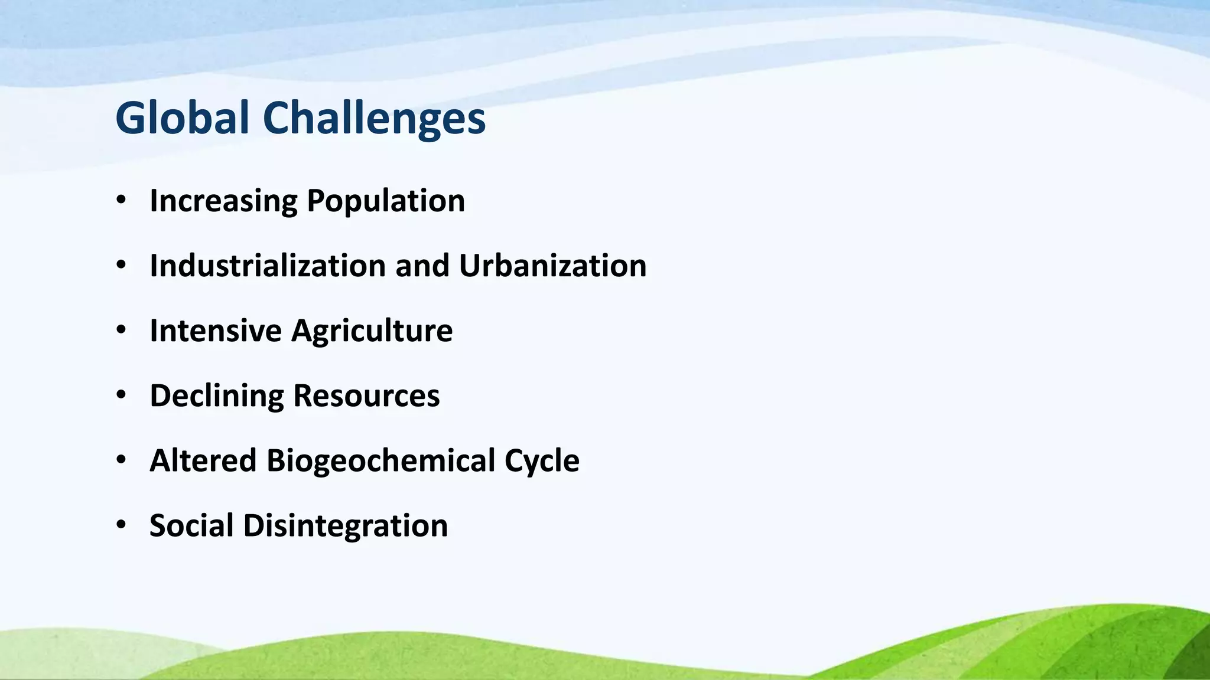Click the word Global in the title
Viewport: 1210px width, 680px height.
pyautogui.click(x=182, y=118)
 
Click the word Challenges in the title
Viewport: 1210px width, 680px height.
pyautogui.click(x=373, y=118)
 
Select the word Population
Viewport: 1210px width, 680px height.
pyautogui.click(x=386, y=201)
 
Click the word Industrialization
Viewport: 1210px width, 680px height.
pyautogui.click(x=268, y=266)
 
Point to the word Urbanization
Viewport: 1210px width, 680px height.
pyautogui.click(x=552, y=266)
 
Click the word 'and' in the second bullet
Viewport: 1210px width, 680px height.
pyautogui.click(x=422, y=266)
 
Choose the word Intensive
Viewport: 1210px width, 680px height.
pyautogui.click(x=216, y=331)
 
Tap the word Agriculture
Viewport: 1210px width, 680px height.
pyautogui.click(x=372, y=331)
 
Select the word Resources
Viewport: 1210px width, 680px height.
pyautogui.click(x=366, y=395)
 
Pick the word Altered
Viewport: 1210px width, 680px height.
pyautogui.click(x=203, y=460)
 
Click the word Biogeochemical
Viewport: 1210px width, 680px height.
pyautogui.click(x=380, y=460)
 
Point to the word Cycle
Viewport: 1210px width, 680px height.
pyautogui.click(x=542, y=460)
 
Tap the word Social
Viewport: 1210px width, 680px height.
pyautogui.click(x=191, y=525)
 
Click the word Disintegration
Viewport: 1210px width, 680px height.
pyautogui.click(x=345, y=525)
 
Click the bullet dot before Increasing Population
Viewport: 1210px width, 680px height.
pyautogui.click(x=121, y=200)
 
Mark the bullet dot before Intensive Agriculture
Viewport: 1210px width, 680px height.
pyautogui.click(x=121, y=330)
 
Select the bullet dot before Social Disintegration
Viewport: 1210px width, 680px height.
pyautogui.click(x=121, y=525)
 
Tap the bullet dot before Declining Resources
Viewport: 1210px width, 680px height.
pyautogui.click(x=121, y=395)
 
